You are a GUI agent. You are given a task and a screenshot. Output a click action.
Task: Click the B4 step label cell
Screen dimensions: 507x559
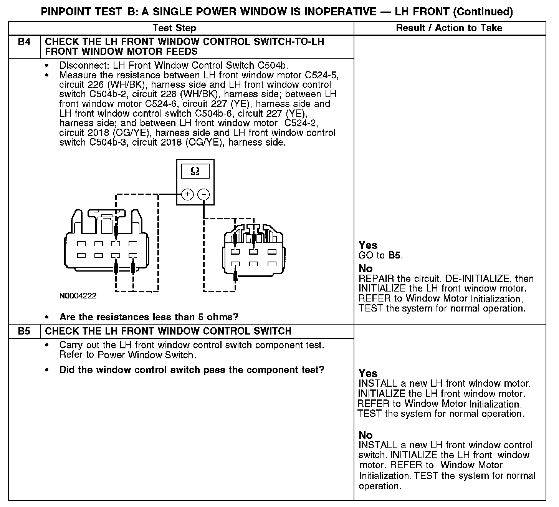coord(24,41)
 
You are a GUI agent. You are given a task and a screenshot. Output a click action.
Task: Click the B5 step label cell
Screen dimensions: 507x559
coord(24,331)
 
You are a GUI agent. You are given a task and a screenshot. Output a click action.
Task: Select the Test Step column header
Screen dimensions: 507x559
coord(174,28)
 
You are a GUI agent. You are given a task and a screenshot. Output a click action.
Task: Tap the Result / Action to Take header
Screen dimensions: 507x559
coord(449,28)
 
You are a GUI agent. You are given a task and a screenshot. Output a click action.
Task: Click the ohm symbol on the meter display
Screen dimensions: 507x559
coord(195,171)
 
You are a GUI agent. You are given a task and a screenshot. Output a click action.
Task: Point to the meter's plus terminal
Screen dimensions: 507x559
coord(187,194)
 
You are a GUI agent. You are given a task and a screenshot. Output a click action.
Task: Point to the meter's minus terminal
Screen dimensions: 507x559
coord(203,194)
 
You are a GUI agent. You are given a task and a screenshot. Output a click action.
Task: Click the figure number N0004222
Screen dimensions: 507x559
coord(78,296)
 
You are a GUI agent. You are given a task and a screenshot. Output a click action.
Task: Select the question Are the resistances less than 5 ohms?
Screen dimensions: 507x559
coord(149,317)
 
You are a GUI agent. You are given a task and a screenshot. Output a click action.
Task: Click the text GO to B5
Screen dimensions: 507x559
coord(380,255)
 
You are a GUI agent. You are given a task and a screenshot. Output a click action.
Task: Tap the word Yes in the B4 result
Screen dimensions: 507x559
coord(368,245)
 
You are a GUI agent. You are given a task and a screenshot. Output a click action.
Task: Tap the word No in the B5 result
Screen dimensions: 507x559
coord(365,435)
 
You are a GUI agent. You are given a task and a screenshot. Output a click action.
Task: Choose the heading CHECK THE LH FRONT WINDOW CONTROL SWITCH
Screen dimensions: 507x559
coord(168,331)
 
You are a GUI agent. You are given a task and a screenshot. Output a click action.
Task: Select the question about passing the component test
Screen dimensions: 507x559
coord(192,370)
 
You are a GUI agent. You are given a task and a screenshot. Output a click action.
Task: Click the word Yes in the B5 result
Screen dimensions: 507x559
coord(368,373)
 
